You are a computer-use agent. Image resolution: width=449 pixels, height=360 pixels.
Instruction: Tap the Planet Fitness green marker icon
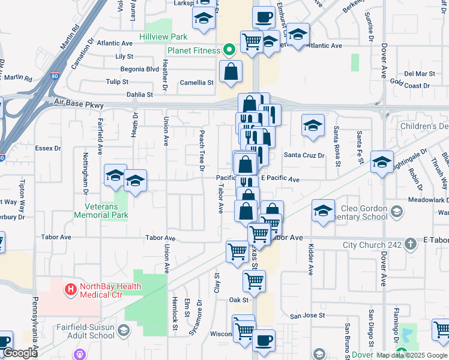coord(229,50)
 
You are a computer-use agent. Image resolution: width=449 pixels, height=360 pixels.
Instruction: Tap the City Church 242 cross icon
coord(410,244)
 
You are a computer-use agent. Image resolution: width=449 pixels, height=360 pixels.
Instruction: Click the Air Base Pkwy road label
coord(78,104)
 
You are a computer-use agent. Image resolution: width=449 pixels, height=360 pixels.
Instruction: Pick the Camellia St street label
coord(197,82)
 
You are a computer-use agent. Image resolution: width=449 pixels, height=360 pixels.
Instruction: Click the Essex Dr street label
coord(48,148)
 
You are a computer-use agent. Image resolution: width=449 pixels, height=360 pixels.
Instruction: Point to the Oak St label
coord(238,299)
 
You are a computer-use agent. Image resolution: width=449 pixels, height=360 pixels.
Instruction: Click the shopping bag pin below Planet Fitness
coord(231,72)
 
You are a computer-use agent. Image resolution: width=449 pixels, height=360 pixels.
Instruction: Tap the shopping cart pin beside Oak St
coord(255,280)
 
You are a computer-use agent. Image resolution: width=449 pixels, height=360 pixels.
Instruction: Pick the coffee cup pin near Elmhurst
coord(264,16)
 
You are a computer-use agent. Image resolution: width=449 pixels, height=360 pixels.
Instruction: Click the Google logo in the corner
coord(20,353)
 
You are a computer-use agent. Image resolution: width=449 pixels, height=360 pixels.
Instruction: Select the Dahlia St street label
coord(139,94)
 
